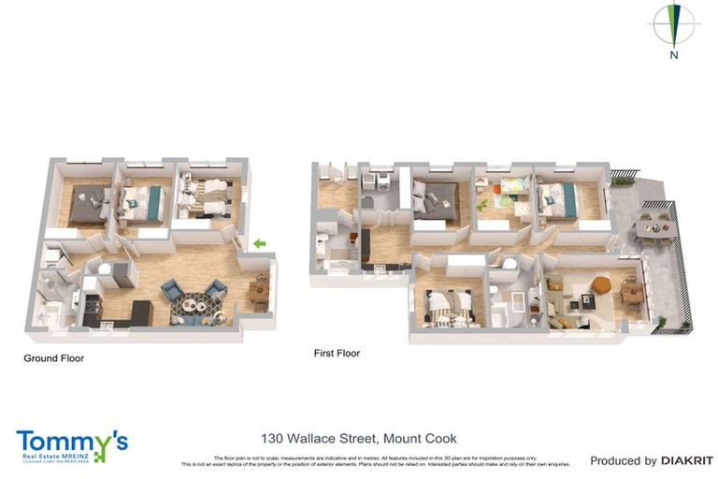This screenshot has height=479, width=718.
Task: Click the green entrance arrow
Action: (259, 244)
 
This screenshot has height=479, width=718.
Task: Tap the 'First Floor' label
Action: (337, 354)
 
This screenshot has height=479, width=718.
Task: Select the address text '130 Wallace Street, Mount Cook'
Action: (358, 438)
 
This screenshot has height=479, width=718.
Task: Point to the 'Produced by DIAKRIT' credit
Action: (651, 460)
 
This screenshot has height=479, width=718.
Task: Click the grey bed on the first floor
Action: (435, 198)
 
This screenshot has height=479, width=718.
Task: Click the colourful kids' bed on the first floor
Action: (510, 191)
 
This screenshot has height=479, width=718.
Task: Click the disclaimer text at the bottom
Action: (375, 460)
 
